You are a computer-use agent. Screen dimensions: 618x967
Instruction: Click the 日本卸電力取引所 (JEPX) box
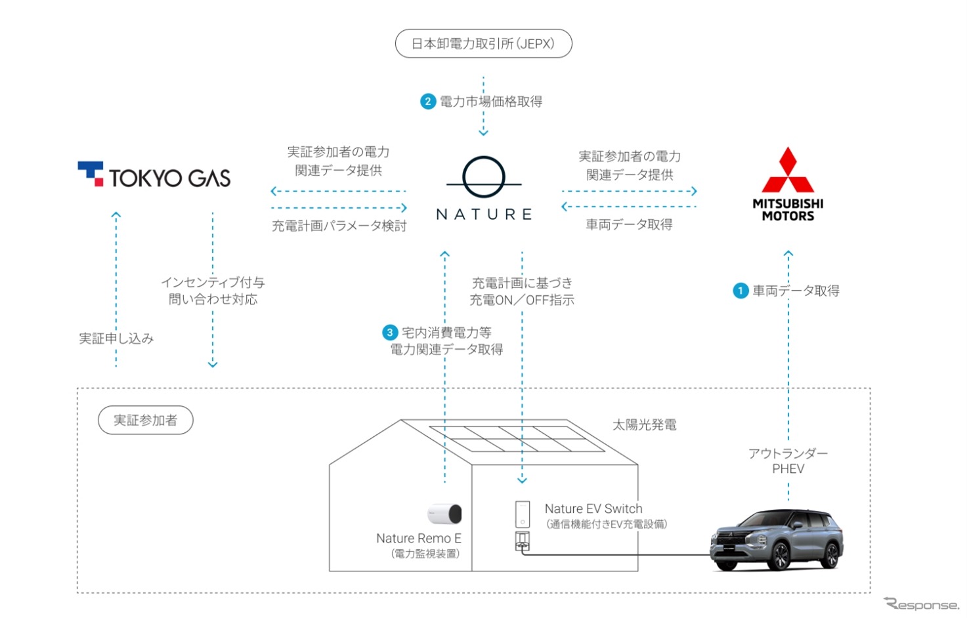[x=483, y=44]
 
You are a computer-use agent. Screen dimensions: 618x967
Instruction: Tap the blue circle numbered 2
[x=428, y=102]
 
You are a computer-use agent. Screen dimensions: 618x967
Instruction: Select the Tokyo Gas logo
[x=154, y=175]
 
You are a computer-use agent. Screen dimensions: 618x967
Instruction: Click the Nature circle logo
[x=484, y=177]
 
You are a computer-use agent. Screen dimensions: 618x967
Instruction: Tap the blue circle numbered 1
[x=741, y=291]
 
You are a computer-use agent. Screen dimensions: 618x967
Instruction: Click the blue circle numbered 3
[x=390, y=333]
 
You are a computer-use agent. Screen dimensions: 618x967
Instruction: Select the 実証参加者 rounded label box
[x=145, y=421]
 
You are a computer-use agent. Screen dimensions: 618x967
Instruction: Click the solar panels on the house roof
[x=516, y=439]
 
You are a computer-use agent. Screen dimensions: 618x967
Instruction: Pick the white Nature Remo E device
[x=446, y=514]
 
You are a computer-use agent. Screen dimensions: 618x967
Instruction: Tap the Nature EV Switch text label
[x=593, y=509]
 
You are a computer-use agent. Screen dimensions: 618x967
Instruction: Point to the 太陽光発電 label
[x=644, y=425]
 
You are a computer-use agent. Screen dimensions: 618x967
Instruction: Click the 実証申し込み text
[x=116, y=339]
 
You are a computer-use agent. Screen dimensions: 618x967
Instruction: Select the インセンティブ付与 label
[x=213, y=283]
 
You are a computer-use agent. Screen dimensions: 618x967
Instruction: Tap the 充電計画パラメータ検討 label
[x=339, y=226]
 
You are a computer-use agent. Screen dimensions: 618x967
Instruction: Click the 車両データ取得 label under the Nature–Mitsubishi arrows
[x=629, y=225]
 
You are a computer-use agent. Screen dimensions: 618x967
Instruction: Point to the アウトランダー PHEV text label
[x=788, y=461]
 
